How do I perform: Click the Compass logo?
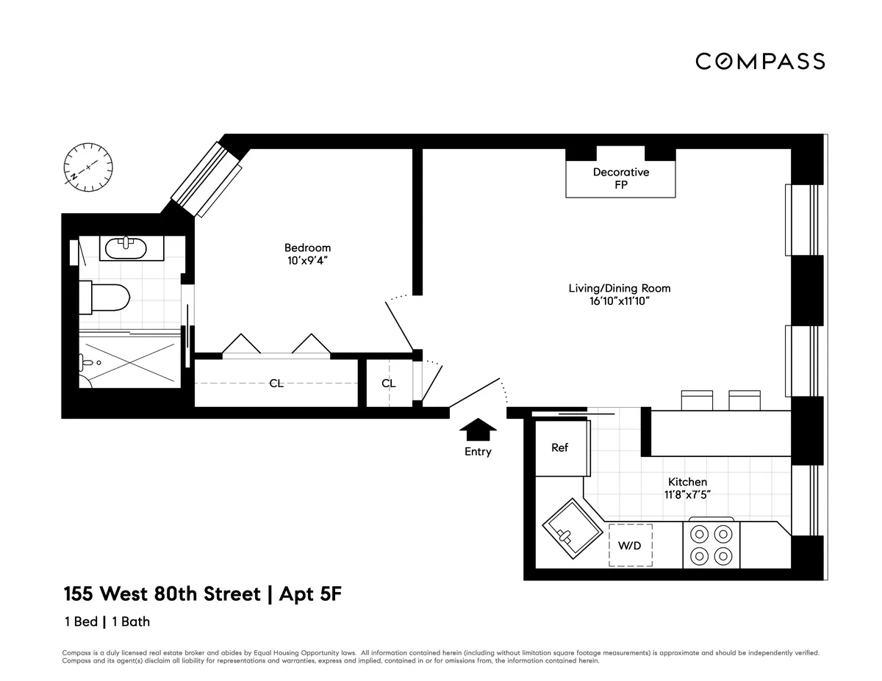[760, 61]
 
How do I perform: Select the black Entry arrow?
[478, 428]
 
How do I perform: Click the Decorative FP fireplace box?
[620, 179]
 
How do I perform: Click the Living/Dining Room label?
[620, 288]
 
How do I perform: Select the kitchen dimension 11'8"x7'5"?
[687, 494]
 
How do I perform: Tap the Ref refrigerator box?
[559, 448]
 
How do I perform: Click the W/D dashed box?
[630, 546]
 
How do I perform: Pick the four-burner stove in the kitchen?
[711, 545]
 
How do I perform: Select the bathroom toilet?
[104, 298]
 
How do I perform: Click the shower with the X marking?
[129, 360]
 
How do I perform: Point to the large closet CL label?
[276, 383]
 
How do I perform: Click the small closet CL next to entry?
[389, 383]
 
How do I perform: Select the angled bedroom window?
[207, 179]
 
